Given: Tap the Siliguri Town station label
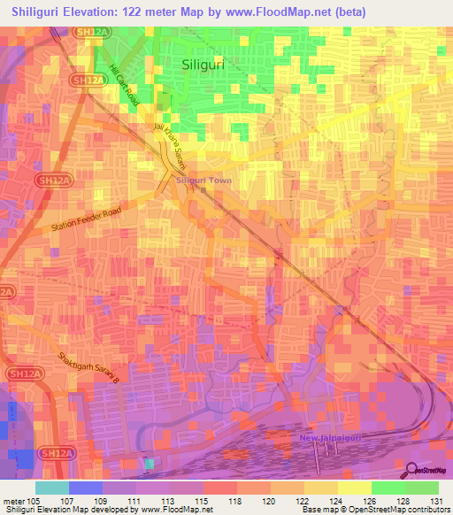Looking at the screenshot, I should [x=204, y=181].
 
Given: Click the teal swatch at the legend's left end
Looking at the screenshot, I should [x=52, y=488].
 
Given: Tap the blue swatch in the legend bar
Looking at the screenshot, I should [x=86, y=488].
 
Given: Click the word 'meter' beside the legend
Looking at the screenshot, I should [x=16, y=501].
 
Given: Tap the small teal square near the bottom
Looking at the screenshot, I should [x=149, y=464].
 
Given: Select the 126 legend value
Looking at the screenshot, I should [x=371, y=501].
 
